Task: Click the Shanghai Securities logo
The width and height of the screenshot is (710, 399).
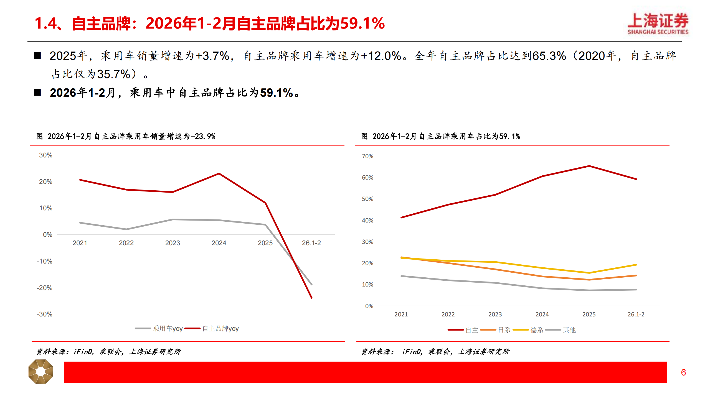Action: click(x=658, y=24)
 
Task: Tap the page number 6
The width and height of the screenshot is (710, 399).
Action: click(x=683, y=372)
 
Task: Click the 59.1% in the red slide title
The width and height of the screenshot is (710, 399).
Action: click(x=362, y=23)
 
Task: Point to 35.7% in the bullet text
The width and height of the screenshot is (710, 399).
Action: click(x=114, y=74)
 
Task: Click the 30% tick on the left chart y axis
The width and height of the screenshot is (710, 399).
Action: click(x=45, y=155)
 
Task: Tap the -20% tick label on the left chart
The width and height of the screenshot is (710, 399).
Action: click(x=44, y=288)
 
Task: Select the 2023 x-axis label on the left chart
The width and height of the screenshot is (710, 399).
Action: click(x=173, y=243)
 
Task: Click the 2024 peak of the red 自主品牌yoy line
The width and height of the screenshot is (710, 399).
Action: click(x=219, y=174)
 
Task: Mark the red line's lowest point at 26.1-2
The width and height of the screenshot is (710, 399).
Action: click(x=311, y=298)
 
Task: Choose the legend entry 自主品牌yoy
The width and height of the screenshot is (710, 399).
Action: click(x=212, y=329)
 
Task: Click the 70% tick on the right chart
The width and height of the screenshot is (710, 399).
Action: click(x=367, y=156)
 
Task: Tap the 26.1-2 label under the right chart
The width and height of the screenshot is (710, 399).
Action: click(x=636, y=314)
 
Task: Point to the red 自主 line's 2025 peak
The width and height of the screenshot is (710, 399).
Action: click(x=589, y=166)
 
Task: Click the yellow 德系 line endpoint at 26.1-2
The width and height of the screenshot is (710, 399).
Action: click(x=636, y=265)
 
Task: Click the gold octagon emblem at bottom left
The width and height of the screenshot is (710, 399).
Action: click(x=41, y=372)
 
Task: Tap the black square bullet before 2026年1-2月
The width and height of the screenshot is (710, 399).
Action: click(x=37, y=93)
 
